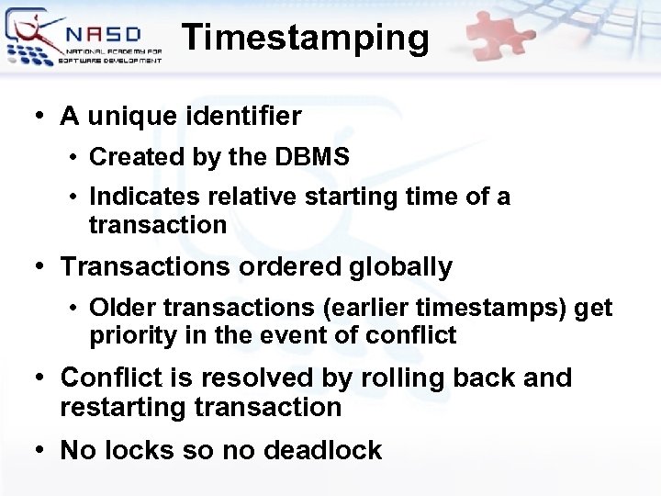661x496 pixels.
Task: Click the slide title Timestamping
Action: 305,39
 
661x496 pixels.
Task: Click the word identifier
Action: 242,117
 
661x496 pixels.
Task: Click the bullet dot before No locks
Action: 39,450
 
